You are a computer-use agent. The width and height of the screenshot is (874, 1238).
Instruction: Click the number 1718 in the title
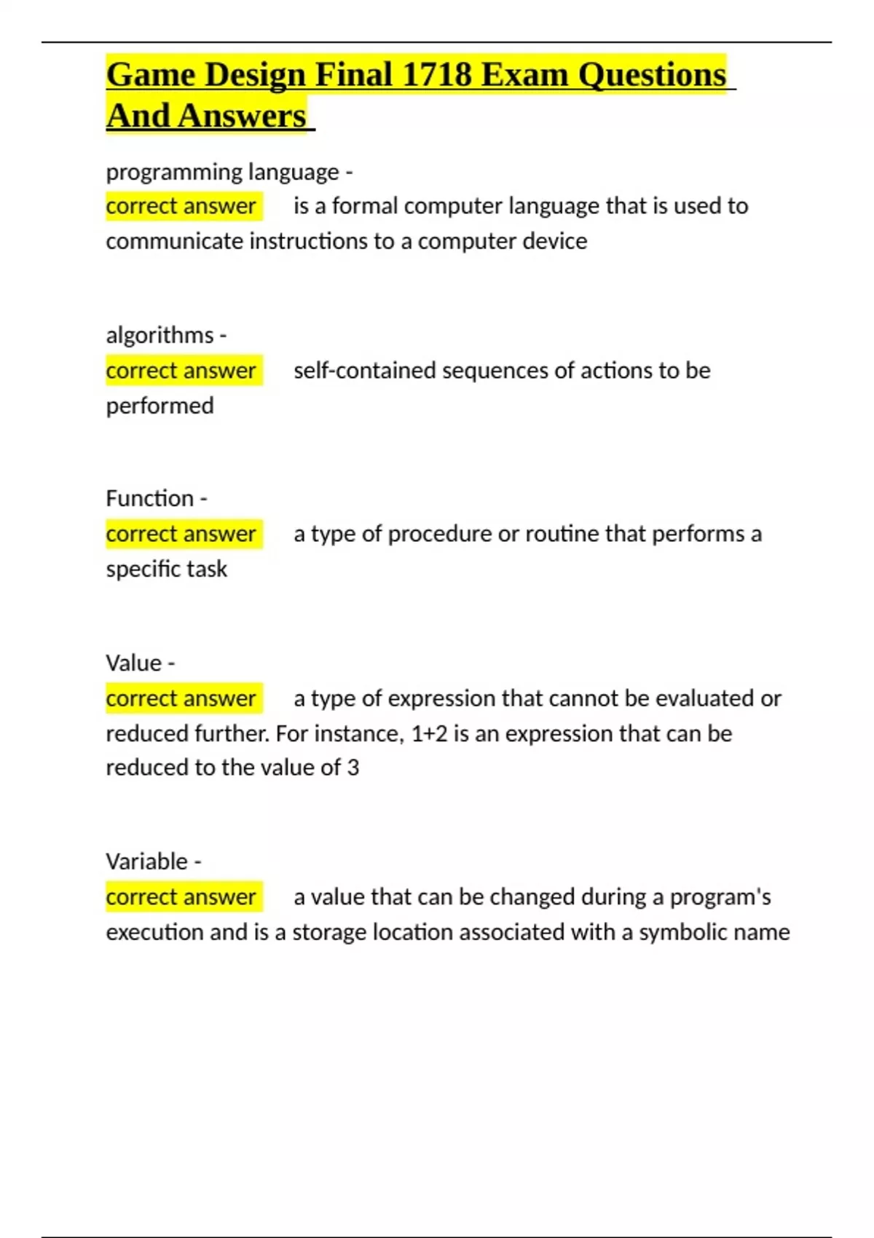[436, 75]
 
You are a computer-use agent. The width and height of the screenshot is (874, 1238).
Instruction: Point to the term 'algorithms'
[160, 335]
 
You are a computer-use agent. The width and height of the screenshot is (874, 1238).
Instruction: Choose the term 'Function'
[149, 498]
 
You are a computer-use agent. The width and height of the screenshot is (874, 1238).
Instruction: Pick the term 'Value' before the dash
[133, 663]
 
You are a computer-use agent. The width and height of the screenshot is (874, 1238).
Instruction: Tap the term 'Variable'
[146, 862]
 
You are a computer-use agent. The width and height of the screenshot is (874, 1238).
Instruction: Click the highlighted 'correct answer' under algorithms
[181, 371]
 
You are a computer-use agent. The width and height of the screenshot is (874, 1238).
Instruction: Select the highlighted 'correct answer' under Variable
[181, 897]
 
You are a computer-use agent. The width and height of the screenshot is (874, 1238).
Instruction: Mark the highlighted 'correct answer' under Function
[181, 534]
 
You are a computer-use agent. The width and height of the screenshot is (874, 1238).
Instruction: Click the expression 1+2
[430, 733]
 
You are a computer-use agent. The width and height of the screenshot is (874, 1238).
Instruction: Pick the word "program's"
[720, 897]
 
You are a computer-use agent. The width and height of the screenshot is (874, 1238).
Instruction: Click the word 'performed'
[160, 406]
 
